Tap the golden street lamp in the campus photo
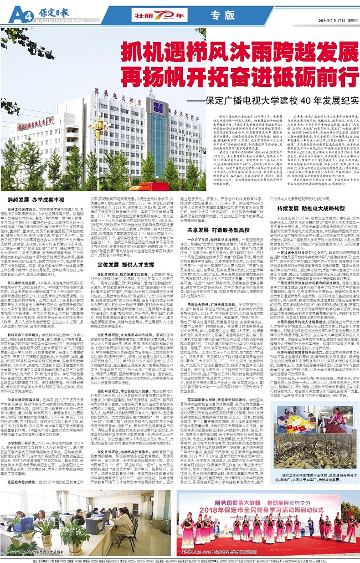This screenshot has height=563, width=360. (x=99, y=133)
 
